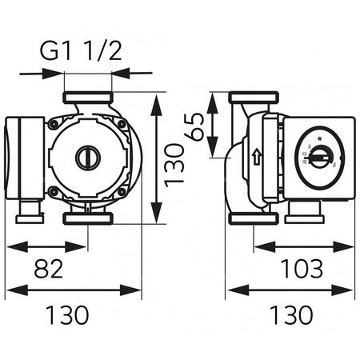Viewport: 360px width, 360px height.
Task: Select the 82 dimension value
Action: coord(50,270)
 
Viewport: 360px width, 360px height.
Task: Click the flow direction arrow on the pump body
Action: coord(256,157)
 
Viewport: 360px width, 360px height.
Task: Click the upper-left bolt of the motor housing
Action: coord(54,125)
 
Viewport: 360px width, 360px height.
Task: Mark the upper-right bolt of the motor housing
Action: coord(121,125)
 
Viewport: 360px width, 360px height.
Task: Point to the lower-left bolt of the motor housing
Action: coord(54,190)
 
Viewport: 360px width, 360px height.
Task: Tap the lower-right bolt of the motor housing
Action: coord(121,190)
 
